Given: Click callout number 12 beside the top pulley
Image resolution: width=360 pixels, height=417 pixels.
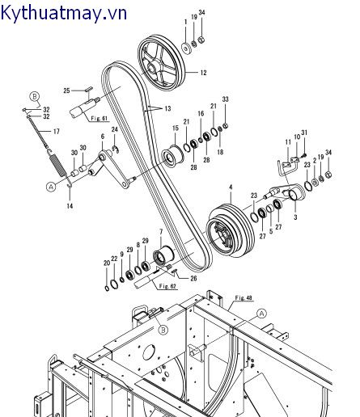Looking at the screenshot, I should (x=202, y=73).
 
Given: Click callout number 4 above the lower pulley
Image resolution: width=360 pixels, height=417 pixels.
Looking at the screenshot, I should (x=231, y=187).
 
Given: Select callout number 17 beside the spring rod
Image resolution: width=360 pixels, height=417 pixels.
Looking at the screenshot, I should (x=57, y=131).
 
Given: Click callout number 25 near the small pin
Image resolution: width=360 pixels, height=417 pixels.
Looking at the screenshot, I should (x=67, y=90).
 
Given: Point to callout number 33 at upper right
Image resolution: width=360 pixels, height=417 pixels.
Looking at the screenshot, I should (x=225, y=99).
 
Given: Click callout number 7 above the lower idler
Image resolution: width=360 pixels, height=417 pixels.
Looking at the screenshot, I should (x=160, y=233).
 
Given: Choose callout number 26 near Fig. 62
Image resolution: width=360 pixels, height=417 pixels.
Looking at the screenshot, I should (x=193, y=278).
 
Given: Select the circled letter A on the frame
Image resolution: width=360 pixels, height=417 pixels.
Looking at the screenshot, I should (x=261, y=312).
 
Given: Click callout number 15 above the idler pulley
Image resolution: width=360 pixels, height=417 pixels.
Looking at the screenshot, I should (x=175, y=128).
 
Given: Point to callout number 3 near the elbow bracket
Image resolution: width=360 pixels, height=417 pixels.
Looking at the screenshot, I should (x=294, y=217).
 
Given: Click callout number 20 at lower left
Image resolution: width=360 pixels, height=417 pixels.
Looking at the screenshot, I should (x=106, y=263).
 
